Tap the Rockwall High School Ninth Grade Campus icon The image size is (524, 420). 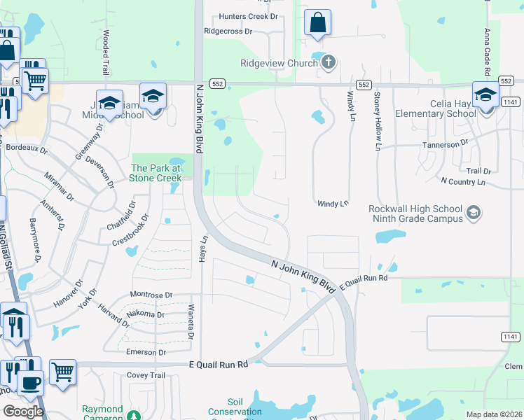[474, 211]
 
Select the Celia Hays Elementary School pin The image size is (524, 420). [485, 95]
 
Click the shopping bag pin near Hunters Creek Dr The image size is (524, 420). [317, 23]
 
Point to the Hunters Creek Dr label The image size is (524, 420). [248, 15]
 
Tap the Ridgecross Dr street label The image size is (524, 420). [228, 31]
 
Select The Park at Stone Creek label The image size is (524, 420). [156, 173]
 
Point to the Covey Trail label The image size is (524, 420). [146, 375]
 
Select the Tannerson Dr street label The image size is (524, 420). [444, 144]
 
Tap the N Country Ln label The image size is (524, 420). [462, 181]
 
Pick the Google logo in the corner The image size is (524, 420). [22, 412]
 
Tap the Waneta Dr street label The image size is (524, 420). [190, 323]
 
